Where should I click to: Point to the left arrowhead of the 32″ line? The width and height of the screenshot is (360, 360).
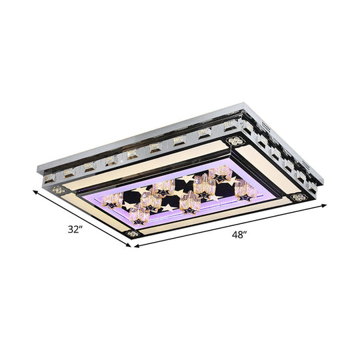(x=34, y=190)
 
